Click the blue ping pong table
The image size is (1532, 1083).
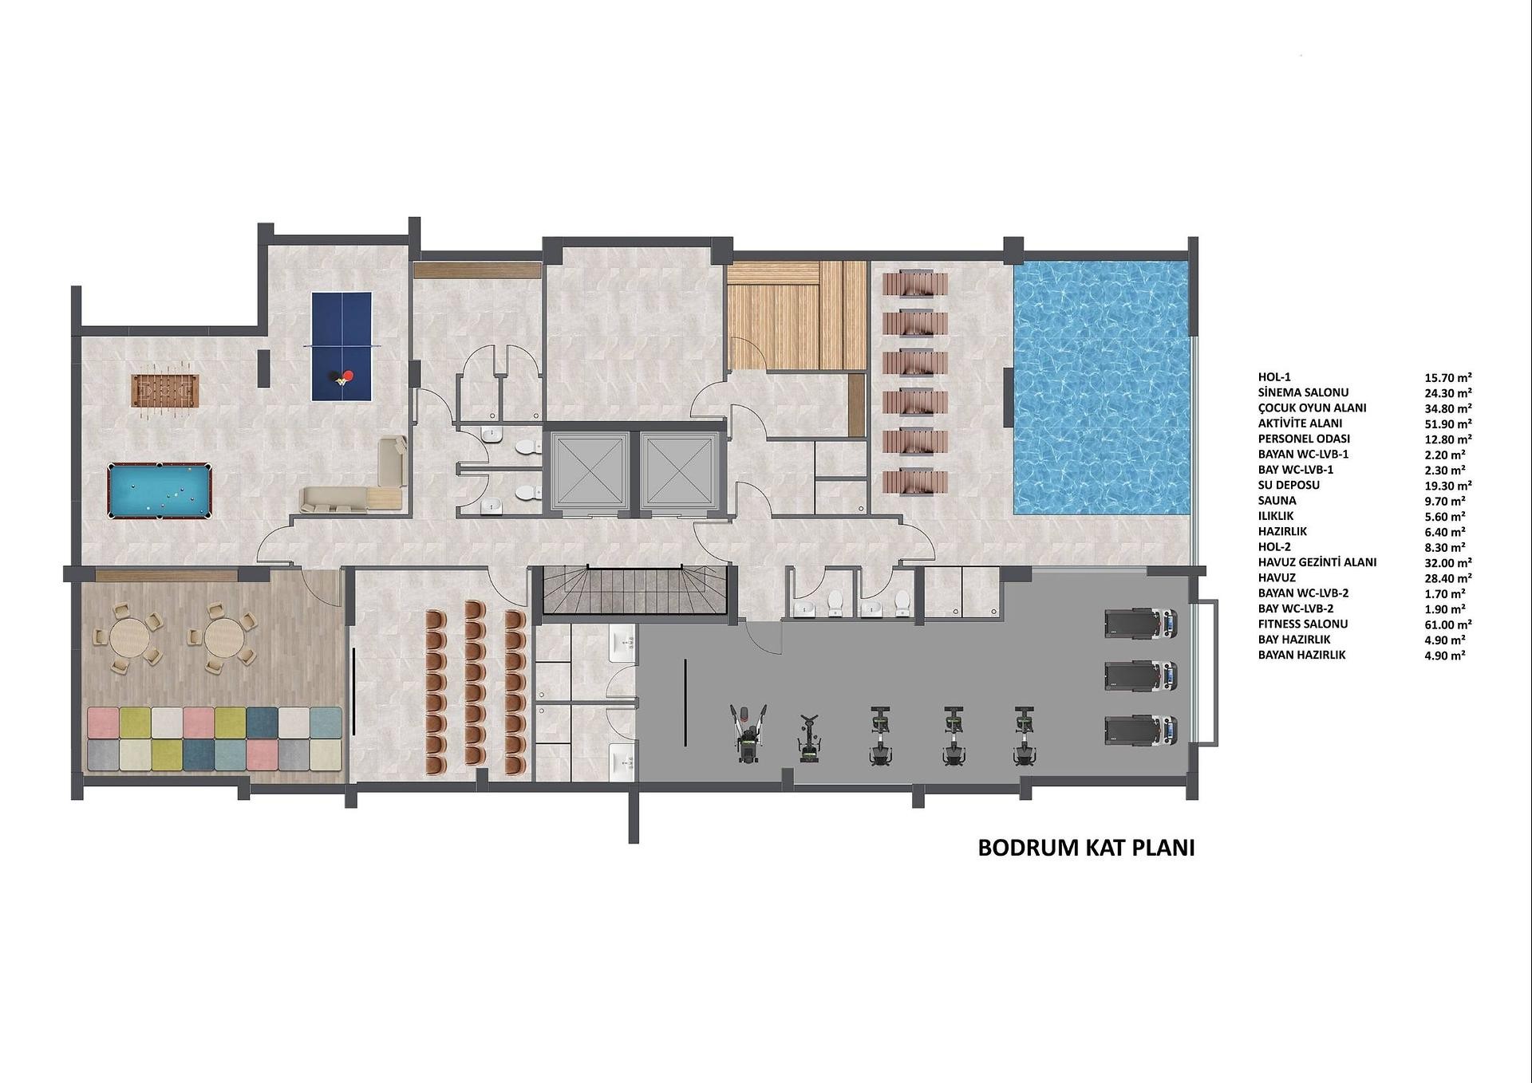point(342,346)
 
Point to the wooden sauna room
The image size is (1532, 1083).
point(796,315)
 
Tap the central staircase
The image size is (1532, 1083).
point(635,590)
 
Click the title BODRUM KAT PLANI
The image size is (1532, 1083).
point(1086,848)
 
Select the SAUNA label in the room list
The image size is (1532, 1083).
point(1277,501)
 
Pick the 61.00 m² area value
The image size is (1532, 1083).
point(1448,624)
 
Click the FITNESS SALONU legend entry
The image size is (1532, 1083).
point(1302,624)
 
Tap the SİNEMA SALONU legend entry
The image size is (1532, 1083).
point(1303,392)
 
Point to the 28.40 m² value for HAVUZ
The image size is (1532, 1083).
point(1448,578)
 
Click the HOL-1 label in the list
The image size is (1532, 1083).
point(1273,377)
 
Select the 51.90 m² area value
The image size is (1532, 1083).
point(1448,423)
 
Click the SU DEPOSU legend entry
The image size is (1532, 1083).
point(1289,485)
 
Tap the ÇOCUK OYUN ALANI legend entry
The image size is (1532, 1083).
point(1312,408)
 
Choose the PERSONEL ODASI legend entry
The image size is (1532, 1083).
point(1304,439)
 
